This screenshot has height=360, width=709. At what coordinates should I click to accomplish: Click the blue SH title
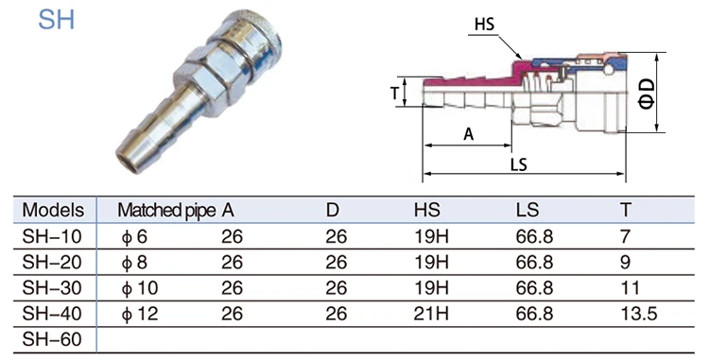click(x=56, y=20)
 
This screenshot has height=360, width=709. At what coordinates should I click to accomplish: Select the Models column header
click(x=53, y=210)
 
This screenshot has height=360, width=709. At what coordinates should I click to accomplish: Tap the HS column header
click(x=427, y=210)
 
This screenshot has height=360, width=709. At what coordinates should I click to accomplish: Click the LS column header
click(x=527, y=210)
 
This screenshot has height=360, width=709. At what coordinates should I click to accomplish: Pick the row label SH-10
click(x=52, y=236)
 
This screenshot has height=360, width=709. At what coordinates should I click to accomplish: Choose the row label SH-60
click(x=52, y=339)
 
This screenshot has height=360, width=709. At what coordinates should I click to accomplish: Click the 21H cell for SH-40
click(x=431, y=314)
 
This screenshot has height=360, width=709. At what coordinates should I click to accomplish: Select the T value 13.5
click(x=638, y=314)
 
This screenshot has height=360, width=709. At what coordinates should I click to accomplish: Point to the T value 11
click(x=630, y=288)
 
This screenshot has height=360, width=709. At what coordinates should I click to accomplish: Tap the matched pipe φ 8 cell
click(x=134, y=263)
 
